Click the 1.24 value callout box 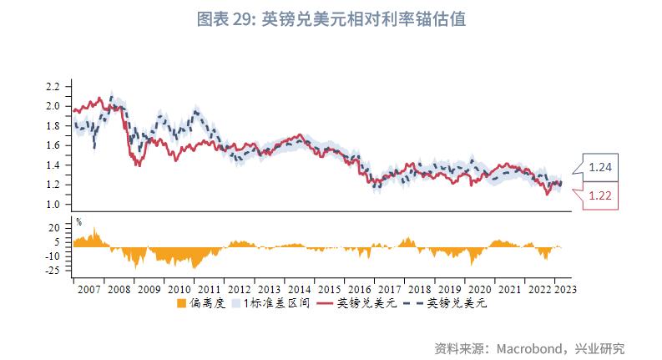coord(600,167)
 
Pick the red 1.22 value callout coord(600,195)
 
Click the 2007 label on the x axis coord(88,289)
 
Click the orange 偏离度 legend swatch coord(182,304)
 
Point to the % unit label coord(78,221)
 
